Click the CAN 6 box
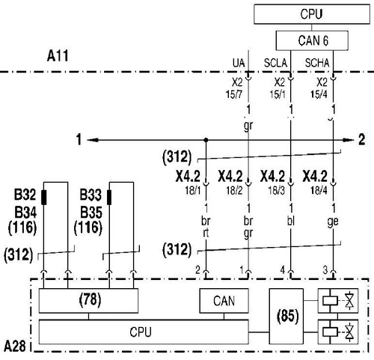(x=312, y=40)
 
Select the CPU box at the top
(x=312, y=14)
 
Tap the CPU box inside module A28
(x=144, y=332)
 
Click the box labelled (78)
(x=88, y=300)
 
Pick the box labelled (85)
(x=286, y=316)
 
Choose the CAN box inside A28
(x=224, y=301)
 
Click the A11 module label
(x=58, y=55)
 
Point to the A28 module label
(x=15, y=346)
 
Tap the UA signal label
(x=239, y=63)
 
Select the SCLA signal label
(x=275, y=63)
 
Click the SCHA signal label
(x=317, y=63)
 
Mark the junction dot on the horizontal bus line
(x=206, y=140)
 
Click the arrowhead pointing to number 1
(x=93, y=140)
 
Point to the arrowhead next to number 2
(x=349, y=140)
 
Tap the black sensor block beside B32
(x=43, y=198)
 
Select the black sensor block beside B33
(x=109, y=198)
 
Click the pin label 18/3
(x=277, y=191)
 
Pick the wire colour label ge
(x=333, y=222)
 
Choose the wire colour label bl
(x=291, y=221)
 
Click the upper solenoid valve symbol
(x=338, y=301)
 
